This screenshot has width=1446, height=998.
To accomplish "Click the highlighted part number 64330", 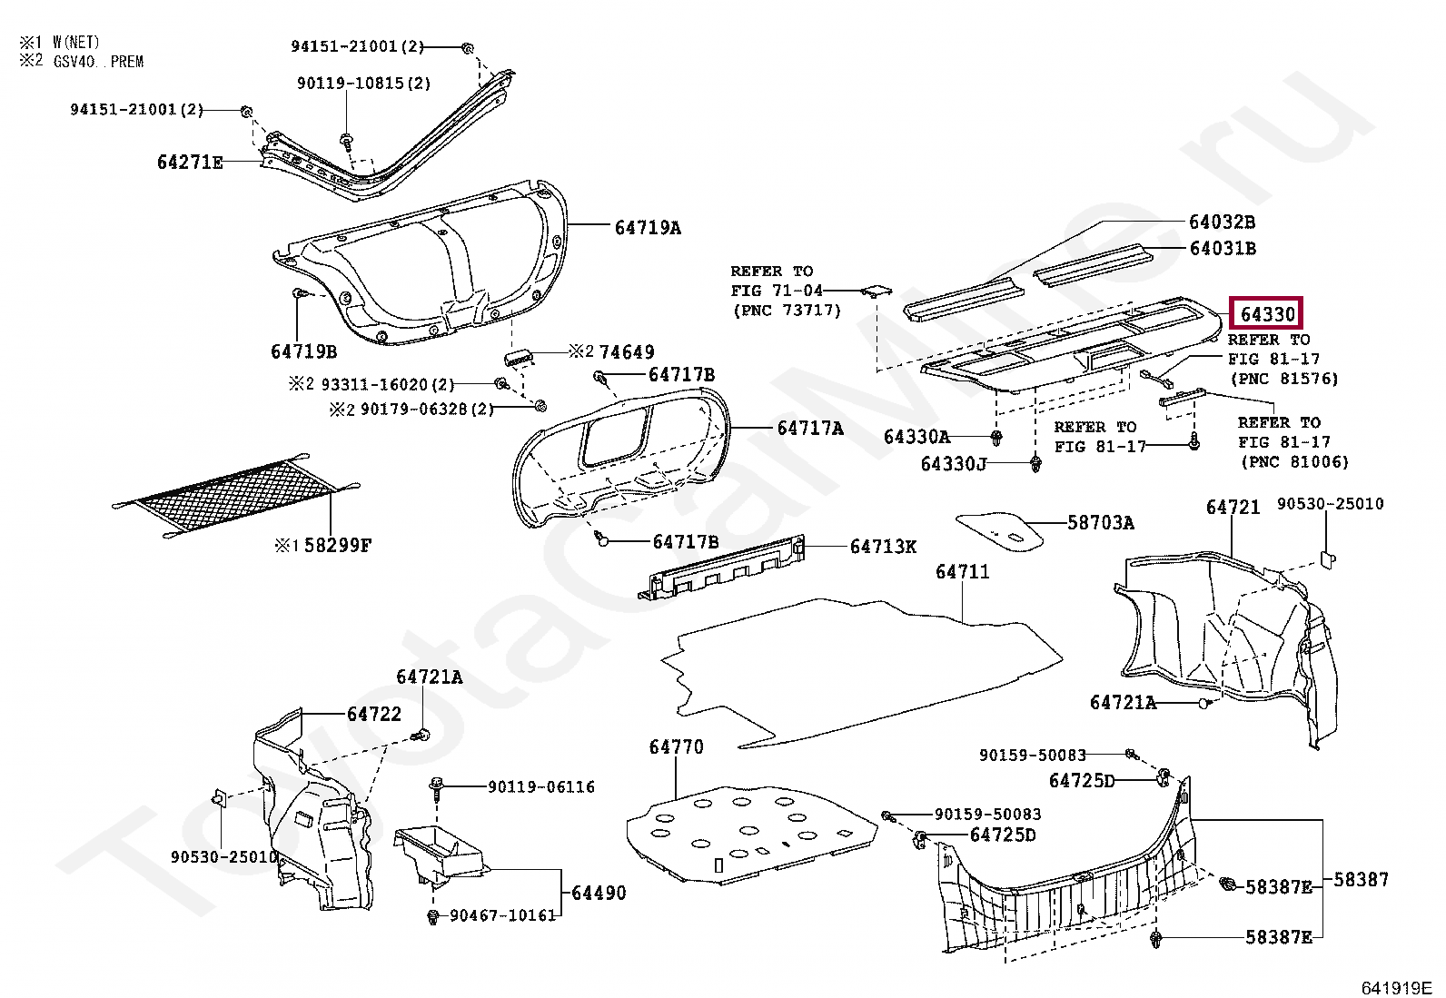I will coord(1266,314).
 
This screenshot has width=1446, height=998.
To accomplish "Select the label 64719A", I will coord(647,228).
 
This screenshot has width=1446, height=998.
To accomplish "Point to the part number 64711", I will coord(962,572).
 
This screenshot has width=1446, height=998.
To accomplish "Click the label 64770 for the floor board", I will coord(676,747).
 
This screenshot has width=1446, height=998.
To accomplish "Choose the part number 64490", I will coord(599,894).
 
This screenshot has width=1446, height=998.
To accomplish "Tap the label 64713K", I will coord(883,547).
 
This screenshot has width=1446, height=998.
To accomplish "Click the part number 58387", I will coord(1361,879).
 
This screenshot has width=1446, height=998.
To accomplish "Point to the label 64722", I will coord(373,715).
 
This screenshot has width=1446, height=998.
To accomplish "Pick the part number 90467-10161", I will coord(503,915).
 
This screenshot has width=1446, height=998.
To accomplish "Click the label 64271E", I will coord(190,163).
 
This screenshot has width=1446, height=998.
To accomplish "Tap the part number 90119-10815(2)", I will coord(363,84).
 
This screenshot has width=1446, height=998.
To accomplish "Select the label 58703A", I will coord(1100,523).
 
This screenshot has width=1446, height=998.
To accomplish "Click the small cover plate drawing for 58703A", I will coord(999,530).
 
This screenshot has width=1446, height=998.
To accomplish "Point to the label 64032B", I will coord(1222,222).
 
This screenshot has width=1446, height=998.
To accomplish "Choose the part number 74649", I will coord(627,352).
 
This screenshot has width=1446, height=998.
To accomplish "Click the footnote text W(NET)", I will coord(76,43).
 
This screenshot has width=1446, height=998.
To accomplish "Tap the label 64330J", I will coord(953,464).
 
